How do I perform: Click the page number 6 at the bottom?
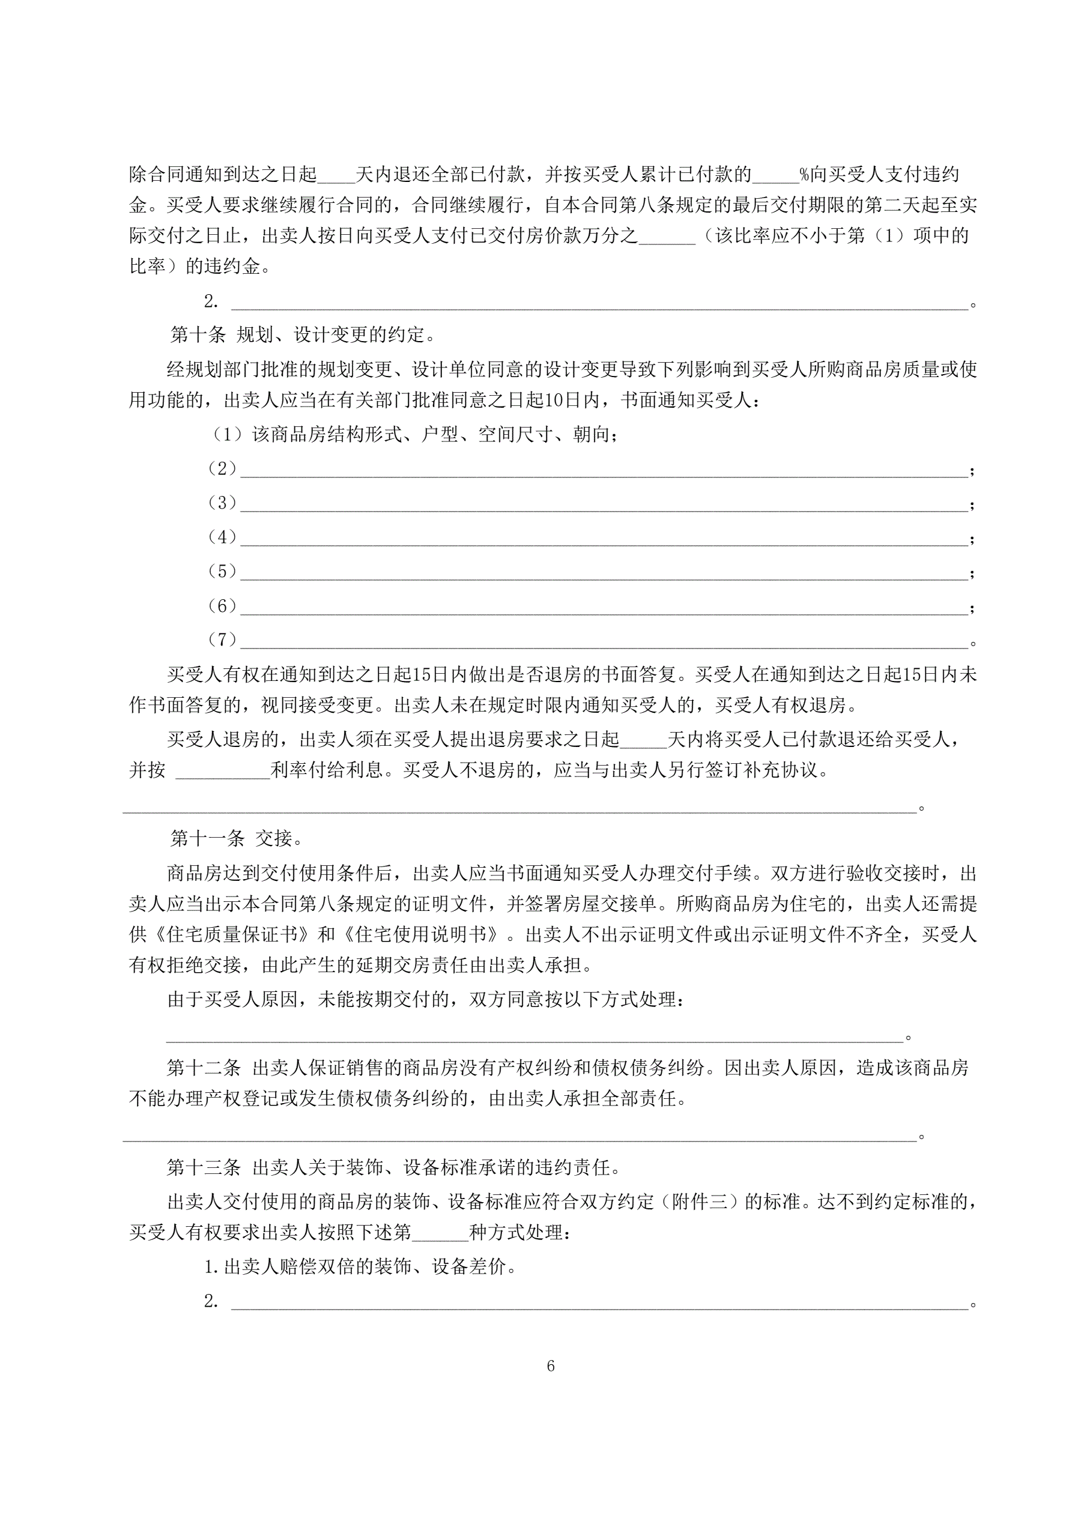[551, 1367]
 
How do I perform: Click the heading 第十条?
[198, 335]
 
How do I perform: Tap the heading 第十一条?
[207, 839]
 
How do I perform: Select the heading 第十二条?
[204, 1068]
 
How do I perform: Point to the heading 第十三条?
[204, 1167]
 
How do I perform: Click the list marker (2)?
[222, 468]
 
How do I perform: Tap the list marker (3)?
[222, 503]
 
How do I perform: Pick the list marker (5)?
[222, 572]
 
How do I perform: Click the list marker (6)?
[222, 606]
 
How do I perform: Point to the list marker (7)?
[222, 640]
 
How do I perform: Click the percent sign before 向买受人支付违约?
[804, 175]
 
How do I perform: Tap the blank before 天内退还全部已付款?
[337, 177]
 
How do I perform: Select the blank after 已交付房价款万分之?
[667, 239]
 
